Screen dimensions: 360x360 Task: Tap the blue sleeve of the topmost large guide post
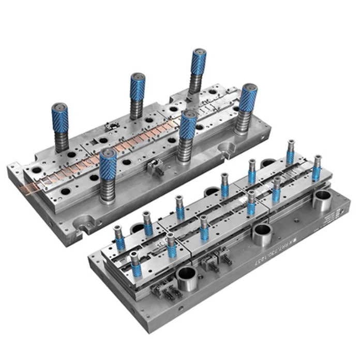tap(198, 63)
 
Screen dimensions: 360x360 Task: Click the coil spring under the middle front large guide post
tap(186, 150)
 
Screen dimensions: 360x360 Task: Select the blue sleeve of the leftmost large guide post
tap(60, 119)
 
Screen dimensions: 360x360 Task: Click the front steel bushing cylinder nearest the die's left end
tap(186, 277)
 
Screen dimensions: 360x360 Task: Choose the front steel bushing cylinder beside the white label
tap(322, 200)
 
